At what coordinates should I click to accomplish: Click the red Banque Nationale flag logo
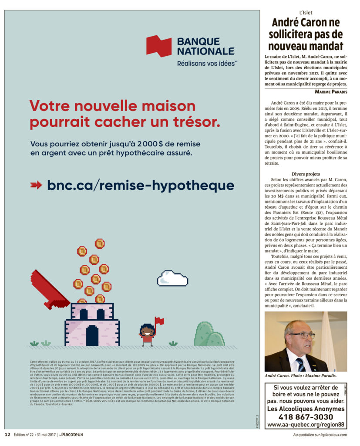click(x=159, y=46)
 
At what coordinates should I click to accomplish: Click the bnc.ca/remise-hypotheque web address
click(x=141, y=185)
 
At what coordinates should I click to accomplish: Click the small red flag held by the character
click(x=159, y=321)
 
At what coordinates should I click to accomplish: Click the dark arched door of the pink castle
click(x=92, y=335)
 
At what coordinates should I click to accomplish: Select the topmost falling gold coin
click(x=100, y=243)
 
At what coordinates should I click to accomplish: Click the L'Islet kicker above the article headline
click(x=306, y=13)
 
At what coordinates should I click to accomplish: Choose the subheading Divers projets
click(x=306, y=174)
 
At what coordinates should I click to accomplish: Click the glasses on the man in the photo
click(x=303, y=335)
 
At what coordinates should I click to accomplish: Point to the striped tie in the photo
click(x=301, y=364)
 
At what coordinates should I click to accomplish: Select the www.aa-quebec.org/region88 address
click(x=305, y=424)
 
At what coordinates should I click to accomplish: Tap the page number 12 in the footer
click(x=7, y=434)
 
